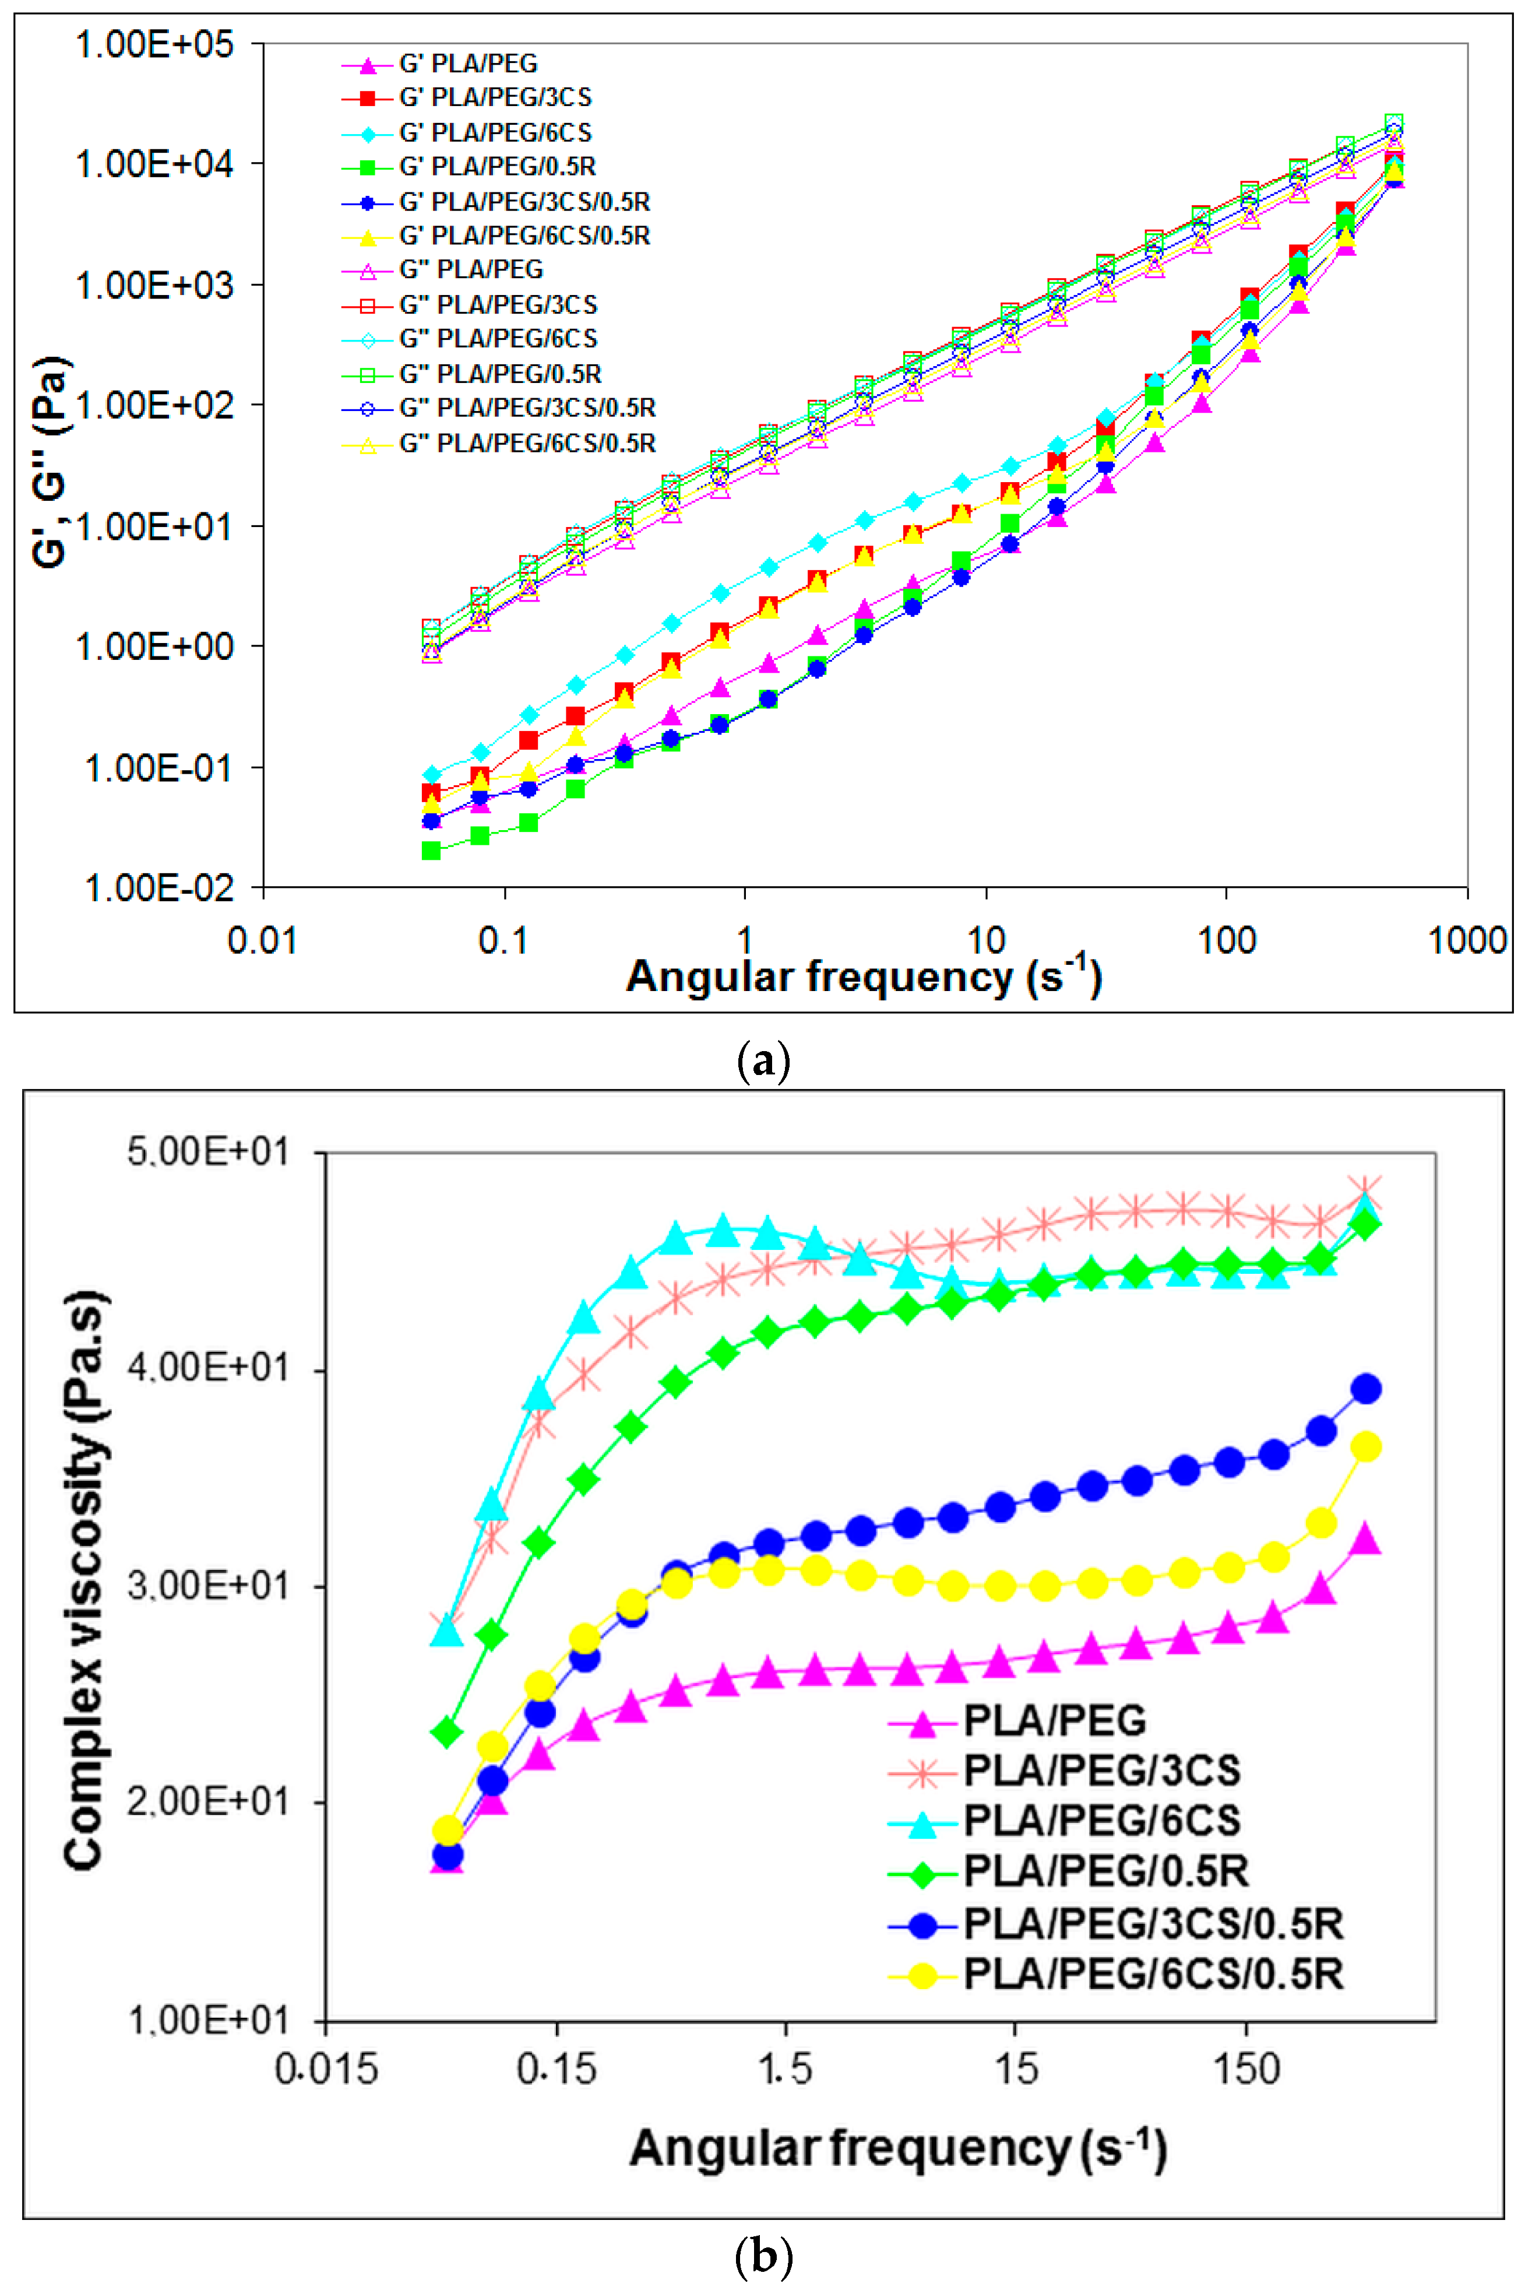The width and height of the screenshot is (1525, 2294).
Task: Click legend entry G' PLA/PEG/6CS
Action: pyautogui.click(x=495, y=132)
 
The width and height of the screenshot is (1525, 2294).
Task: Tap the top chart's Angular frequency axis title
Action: pyautogui.click(x=864, y=976)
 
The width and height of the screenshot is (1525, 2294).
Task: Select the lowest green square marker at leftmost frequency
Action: pyautogui.click(x=431, y=851)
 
